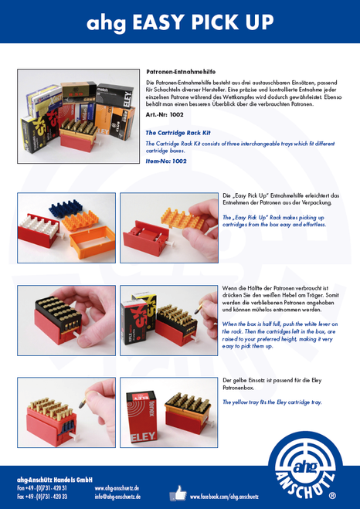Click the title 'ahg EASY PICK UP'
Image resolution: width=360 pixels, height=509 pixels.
(x=180, y=22)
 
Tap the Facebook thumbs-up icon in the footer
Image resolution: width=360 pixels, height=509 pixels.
(x=178, y=492)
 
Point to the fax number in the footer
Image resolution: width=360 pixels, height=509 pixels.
(x=42, y=497)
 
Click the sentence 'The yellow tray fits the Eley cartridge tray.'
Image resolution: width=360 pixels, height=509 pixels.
(x=272, y=402)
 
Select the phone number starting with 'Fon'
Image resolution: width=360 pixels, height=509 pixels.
(x=42, y=488)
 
